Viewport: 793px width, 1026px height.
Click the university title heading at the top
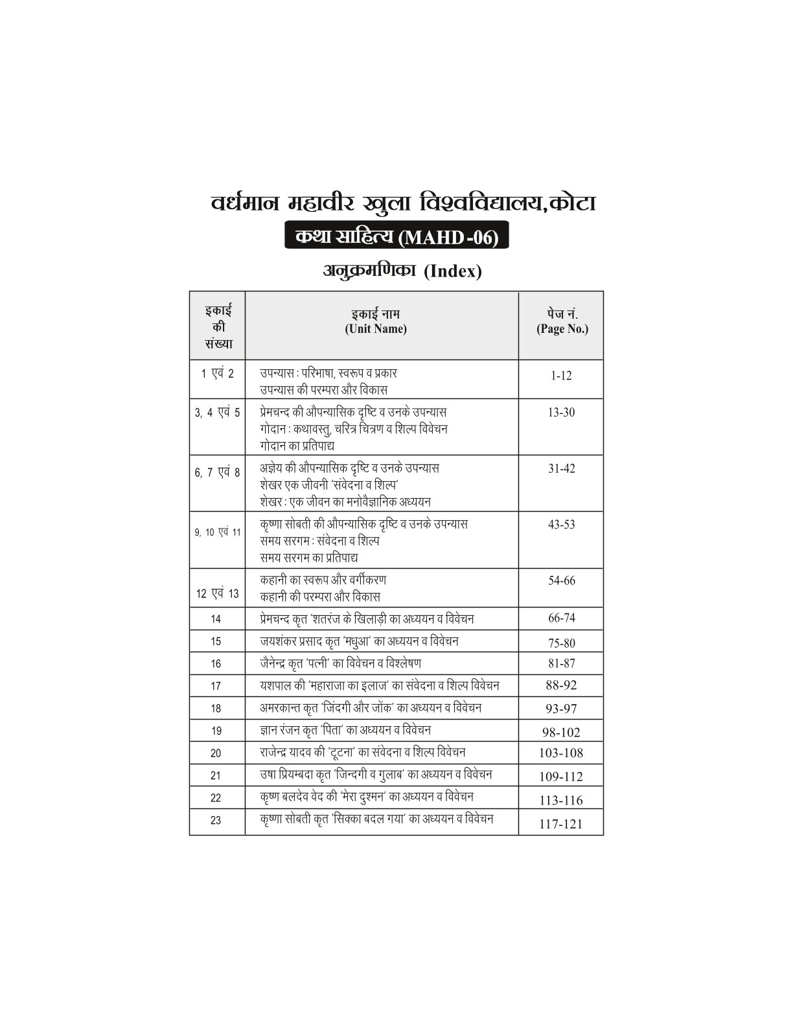coord(403,203)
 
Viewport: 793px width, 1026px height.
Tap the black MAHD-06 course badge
coord(396,238)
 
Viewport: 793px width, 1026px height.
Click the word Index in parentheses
coord(454,272)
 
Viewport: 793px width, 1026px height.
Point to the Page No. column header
coord(562,323)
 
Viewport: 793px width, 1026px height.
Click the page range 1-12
coord(561,376)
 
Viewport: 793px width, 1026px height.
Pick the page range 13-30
coord(561,413)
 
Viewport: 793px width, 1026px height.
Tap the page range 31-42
coord(561,468)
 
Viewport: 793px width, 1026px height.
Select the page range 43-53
coord(561,525)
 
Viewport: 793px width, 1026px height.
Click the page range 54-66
coord(561,581)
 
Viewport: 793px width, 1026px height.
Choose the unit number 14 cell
coord(216,619)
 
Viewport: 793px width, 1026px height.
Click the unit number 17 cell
coord(216,686)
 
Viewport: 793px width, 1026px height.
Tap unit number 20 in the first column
coord(216,753)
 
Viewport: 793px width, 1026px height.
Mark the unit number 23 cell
coord(216,821)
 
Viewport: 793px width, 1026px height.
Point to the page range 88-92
coord(561,685)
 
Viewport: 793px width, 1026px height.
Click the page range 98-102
coord(561,733)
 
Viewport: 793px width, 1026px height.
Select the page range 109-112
coord(561,777)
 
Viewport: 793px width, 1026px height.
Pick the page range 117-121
coord(561,824)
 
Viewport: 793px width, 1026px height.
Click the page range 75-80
coord(561,643)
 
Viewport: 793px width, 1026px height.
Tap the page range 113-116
coord(561,801)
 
